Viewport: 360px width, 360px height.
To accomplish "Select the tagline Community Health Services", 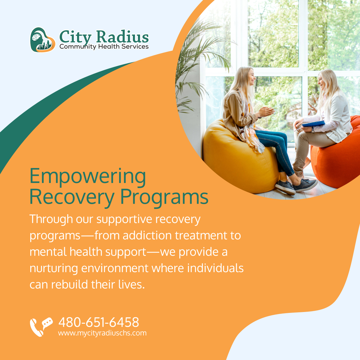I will pyautogui.click(x=104, y=46).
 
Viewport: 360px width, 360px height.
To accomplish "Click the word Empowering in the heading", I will pyautogui.click(x=88, y=176).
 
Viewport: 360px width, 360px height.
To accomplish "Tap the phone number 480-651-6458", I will pyautogui.click(x=99, y=322).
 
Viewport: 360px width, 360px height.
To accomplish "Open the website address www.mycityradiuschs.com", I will pyautogui.click(x=102, y=333).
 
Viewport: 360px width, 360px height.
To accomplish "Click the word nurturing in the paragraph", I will pyautogui.click(x=54, y=268).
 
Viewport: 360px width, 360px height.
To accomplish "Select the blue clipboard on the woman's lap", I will pyautogui.click(x=313, y=123).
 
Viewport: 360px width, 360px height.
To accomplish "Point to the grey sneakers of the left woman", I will pyautogui.click(x=295, y=186).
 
